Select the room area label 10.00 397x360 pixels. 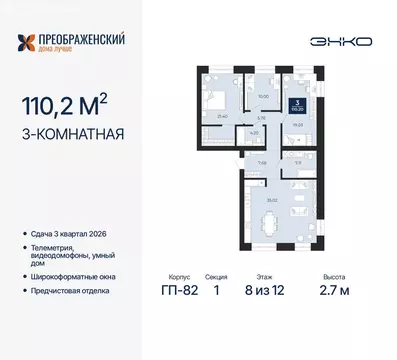pos(264,96)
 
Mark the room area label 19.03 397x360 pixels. pos(298,125)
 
